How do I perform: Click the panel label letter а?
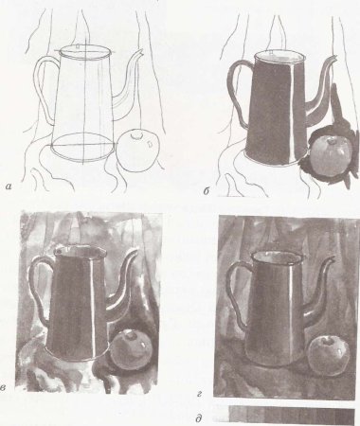[x=9, y=187]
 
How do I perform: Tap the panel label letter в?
[x=4, y=387]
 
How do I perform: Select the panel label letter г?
[x=199, y=394]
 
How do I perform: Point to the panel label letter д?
[x=199, y=418]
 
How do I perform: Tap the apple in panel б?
[x=331, y=153]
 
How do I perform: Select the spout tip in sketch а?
[x=141, y=50]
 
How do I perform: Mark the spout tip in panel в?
[x=136, y=250]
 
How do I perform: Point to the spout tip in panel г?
[x=332, y=257]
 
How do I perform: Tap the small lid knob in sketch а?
[x=78, y=46]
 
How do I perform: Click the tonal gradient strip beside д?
[x=292, y=416]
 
